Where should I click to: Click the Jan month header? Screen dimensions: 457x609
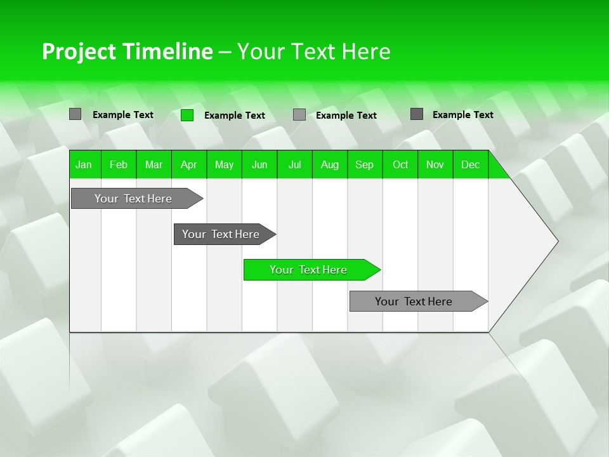84,165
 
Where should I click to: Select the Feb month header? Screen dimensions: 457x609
119,165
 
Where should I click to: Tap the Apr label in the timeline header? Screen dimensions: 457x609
188,165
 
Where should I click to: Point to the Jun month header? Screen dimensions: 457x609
259,165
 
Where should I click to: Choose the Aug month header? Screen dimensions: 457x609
329,165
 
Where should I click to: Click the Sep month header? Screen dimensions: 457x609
364,165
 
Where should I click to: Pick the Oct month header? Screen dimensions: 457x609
400,165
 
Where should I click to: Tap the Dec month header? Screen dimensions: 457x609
470,165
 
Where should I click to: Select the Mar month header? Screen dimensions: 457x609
154,165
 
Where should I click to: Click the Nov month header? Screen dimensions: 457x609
435,165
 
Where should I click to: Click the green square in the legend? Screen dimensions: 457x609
187,115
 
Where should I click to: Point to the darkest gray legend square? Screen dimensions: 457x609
417,114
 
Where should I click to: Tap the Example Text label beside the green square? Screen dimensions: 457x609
234,116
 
